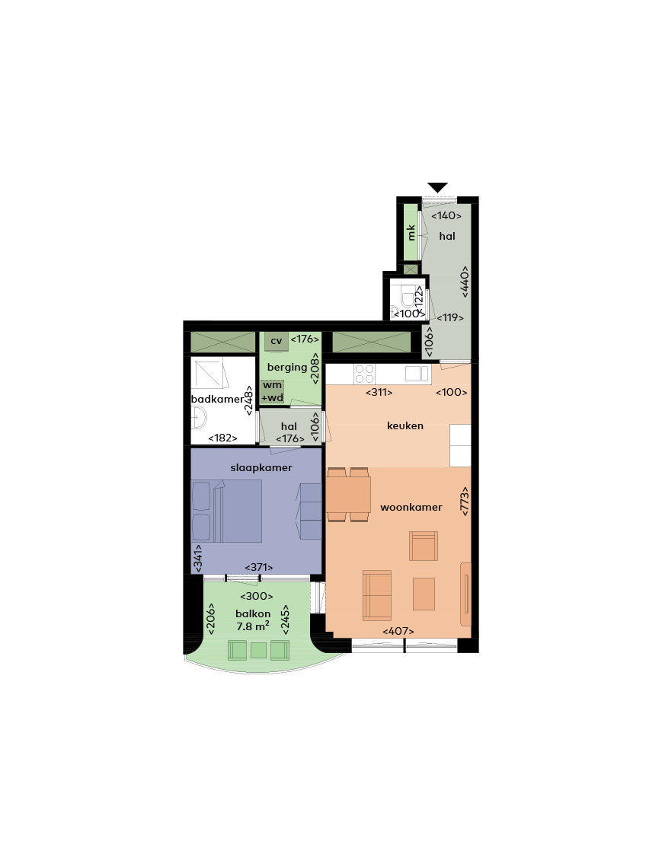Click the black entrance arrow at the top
[x=438, y=187]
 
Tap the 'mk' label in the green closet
[x=411, y=232]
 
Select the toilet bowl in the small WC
[x=408, y=295]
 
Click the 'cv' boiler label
[x=277, y=341]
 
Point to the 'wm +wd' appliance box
[x=272, y=391]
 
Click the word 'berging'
[x=286, y=368]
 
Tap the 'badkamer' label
[x=217, y=399]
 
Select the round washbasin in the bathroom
[x=199, y=419]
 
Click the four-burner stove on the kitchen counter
[x=364, y=374]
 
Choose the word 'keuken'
[x=405, y=425]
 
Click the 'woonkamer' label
[x=411, y=507]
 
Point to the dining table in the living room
[x=348, y=494]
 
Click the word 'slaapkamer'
[x=261, y=468]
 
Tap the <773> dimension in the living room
[x=465, y=502]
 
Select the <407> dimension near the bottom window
[x=398, y=631]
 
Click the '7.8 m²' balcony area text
[x=253, y=626]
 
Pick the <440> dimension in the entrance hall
[x=465, y=282]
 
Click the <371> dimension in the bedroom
[x=258, y=568]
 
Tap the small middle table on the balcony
[x=258, y=651]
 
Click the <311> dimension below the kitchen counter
[x=379, y=392]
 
